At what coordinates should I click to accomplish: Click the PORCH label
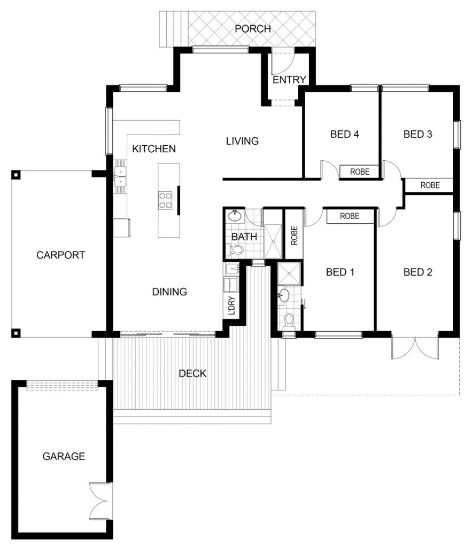coord(253,29)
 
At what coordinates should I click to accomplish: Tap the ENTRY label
coord(289,80)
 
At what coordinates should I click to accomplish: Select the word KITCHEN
coord(154,149)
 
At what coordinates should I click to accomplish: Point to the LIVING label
coord(242,141)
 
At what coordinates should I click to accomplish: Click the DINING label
coord(169,292)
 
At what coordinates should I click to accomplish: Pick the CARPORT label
coord(61,255)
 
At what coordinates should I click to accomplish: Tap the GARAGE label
coord(64,456)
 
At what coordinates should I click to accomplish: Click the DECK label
coord(192,373)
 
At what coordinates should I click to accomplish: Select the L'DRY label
coord(232,306)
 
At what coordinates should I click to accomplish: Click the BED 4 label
coord(345,134)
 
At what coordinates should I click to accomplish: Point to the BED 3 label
coord(418,134)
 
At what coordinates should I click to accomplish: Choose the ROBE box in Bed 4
coord(360,171)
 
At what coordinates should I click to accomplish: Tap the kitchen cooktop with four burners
coord(166,200)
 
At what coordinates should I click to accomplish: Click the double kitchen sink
coord(120,176)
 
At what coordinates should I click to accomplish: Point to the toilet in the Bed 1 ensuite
coord(289,321)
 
